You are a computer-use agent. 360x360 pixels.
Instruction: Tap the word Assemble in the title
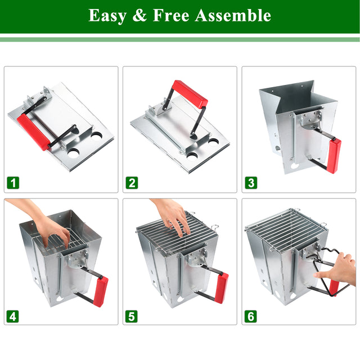[x=233, y=15]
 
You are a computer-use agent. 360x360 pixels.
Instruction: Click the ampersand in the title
[x=139, y=15]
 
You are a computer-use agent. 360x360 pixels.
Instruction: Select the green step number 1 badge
[x=13, y=182]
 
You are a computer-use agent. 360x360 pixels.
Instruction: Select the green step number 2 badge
[x=132, y=182]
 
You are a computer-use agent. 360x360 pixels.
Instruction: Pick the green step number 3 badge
[x=251, y=182]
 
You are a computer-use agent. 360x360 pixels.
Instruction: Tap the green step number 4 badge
[x=13, y=316]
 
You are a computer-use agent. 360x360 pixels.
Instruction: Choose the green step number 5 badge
[x=132, y=316]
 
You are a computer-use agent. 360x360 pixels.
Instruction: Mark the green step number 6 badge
[x=251, y=316]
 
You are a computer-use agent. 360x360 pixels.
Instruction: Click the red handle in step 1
[x=33, y=132]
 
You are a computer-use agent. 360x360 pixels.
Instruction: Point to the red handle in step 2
[x=190, y=94]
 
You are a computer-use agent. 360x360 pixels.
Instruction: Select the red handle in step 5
[x=222, y=287]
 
